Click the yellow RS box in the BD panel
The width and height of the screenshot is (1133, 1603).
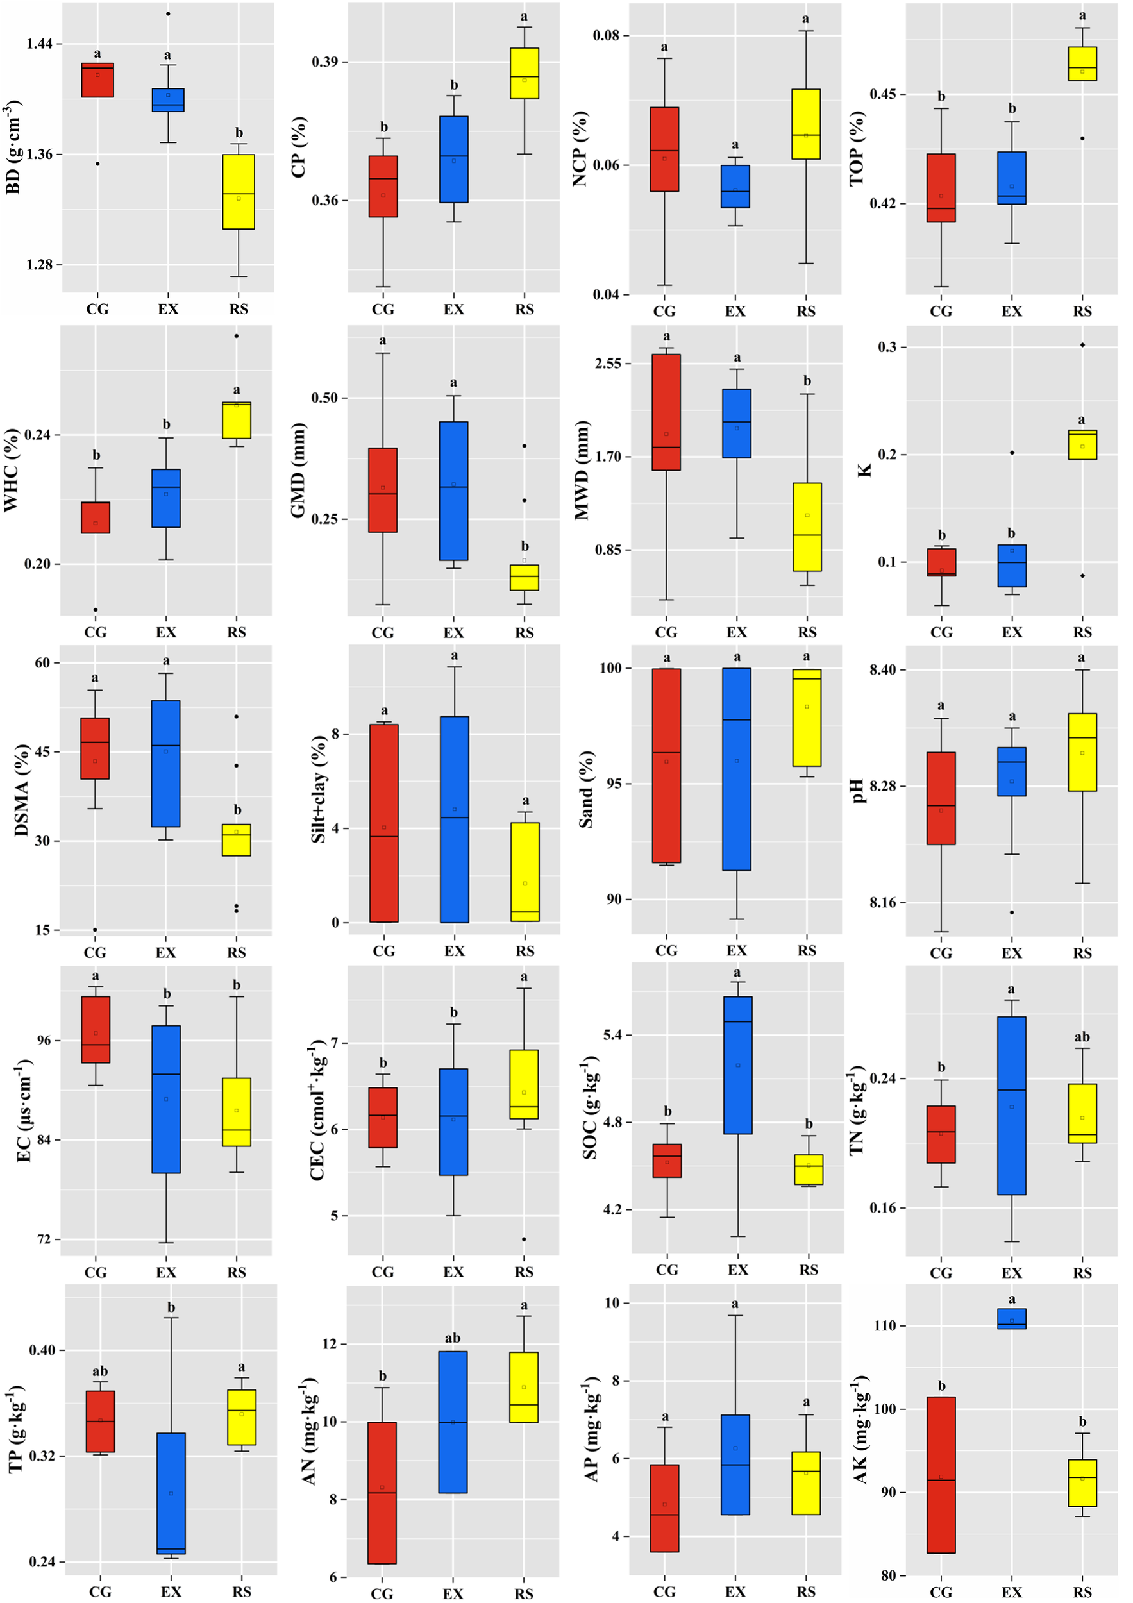pyautogui.click(x=238, y=191)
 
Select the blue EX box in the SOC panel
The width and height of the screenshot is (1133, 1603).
pyautogui.click(x=738, y=1064)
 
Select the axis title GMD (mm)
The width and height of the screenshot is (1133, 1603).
pyautogui.click(x=298, y=471)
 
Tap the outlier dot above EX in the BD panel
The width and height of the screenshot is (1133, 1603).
pyautogui.click(x=167, y=14)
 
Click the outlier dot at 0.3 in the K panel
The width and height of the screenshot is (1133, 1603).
pyautogui.click(x=1082, y=345)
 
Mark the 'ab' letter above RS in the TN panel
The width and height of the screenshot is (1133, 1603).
pyautogui.click(x=1082, y=1037)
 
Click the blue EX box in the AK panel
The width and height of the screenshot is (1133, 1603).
pyautogui.click(x=1012, y=1319)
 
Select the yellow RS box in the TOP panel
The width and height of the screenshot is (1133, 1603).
pyautogui.click(x=1082, y=64)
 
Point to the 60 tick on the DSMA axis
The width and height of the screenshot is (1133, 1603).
pyautogui.click(x=42, y=662)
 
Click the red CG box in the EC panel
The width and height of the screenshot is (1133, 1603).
pyautogui.click(x=96, y=1030)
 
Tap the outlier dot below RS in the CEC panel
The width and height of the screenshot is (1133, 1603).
pyautogui.click(x=525, y=1239)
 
